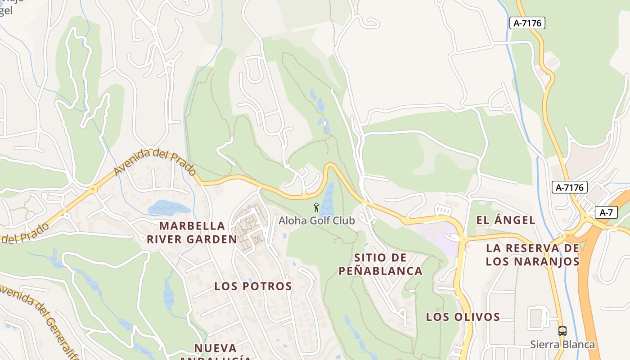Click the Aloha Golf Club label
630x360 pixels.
pyautogui.click(x=316, y=220)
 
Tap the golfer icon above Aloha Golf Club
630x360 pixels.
pyautogui.click(x=316, y=207)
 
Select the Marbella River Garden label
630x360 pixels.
pyautogui.click(x=192, y=232)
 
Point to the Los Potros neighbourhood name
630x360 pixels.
pyautogui.click(x=253, y=286)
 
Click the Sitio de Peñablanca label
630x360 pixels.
pyautogui.click(x=380, y=264)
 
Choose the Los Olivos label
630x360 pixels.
pyautogui.click(x=463, y=317)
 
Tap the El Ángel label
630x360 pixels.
pyautogui.click(x=506, y=220)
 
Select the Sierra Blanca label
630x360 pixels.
pyautogui.click(x=562, y=345)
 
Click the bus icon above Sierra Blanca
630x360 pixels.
pyautogui.click(x=562, y=331)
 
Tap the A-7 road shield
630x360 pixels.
pyautogui.click(x=606, y=213)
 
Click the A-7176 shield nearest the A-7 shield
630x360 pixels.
pyautogui.click(x=570, y=187)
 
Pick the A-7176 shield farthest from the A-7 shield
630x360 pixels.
pyautogui.click(x=527, y=23)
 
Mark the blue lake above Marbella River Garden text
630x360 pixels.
pyautogui.click(x=169, y=208)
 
